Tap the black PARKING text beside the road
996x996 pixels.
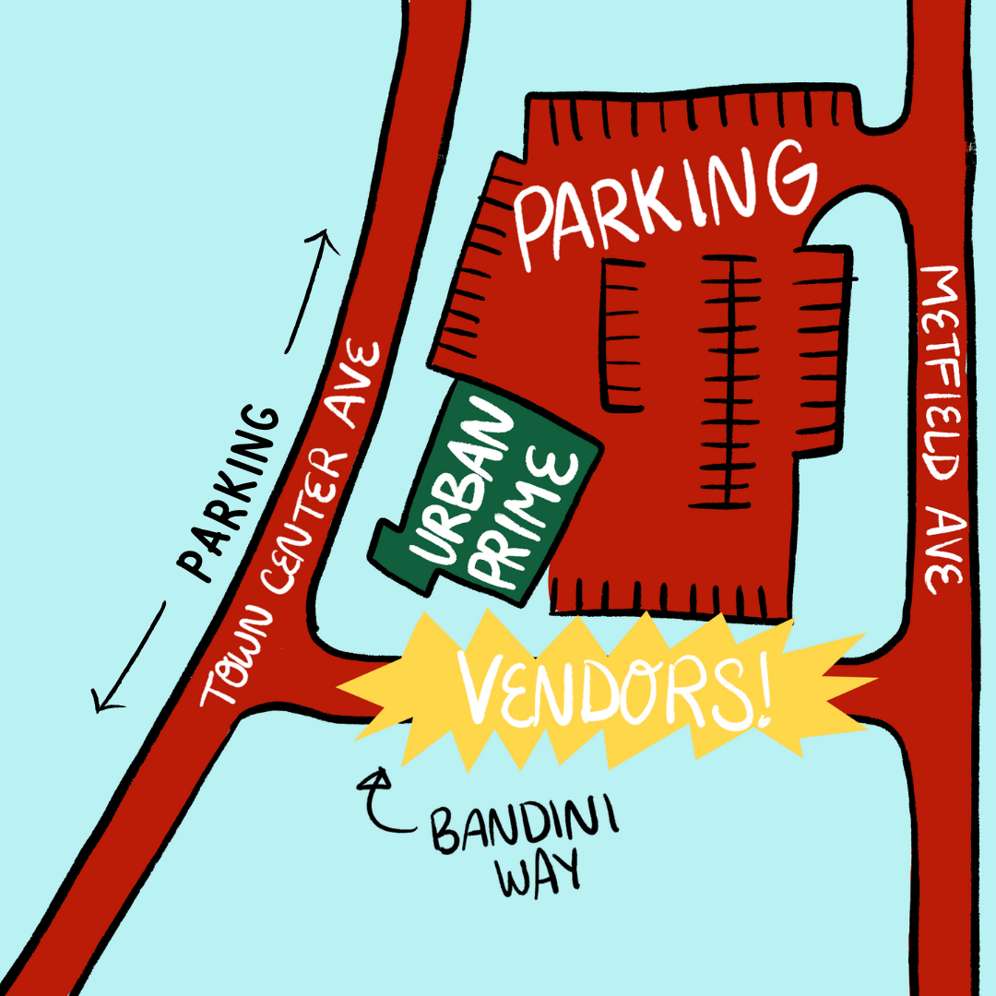229,492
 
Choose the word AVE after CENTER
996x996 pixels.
357,385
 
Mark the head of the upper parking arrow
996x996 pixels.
325,239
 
